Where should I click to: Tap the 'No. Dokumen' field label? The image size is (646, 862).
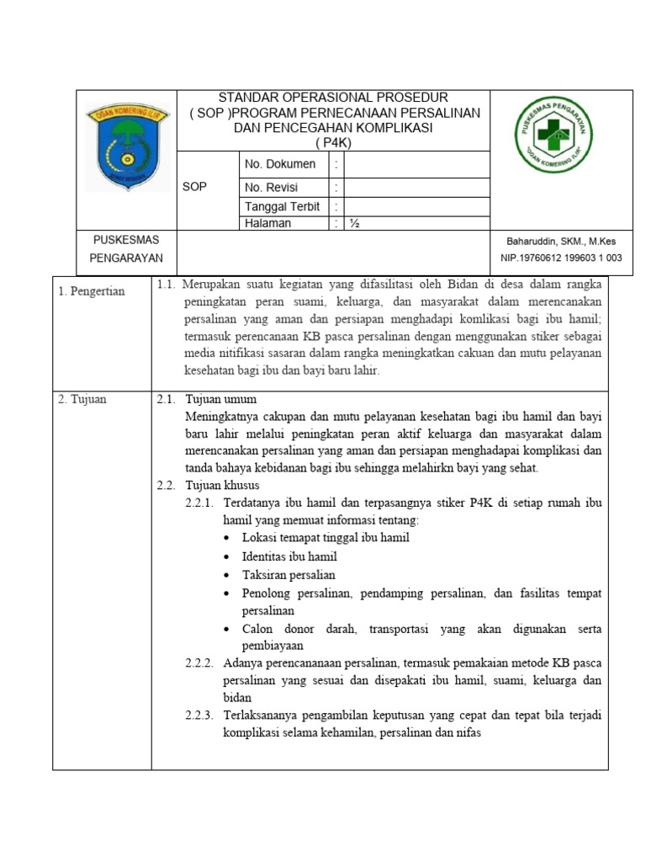pyautogui.click(x=280, y=164)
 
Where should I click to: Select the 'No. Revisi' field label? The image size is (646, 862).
pyautogui.click(x=271, y=188)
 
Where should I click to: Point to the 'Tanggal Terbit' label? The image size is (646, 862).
pyautogui.click(x=282, y=206)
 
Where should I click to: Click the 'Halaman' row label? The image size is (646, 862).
pyautogui.click(x=267, y=223)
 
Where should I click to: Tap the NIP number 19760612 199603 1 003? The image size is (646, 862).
pyautogui.click(x=561, y=258)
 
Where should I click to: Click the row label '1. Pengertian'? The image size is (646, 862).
pyautogui.click(x=92, y=291)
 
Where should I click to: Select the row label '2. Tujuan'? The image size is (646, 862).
pyautogui.click(x=82, y=399)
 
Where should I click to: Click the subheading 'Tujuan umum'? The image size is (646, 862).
pyautogui.click(x=220, y=399)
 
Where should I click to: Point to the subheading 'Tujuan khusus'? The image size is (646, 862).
pyautogui.click(x=222, y=486)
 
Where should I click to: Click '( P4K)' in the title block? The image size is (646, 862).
pyautogui.click(x=332, y=142)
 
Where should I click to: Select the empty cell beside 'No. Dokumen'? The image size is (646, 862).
pyautogui.click(x=416, y=164)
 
